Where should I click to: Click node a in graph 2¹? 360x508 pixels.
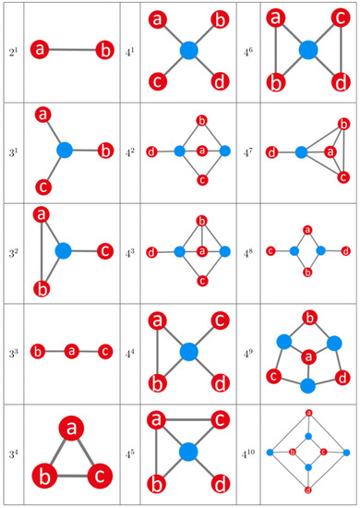pyautogui.click(x=40, y=49)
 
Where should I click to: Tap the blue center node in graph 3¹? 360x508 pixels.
pyautogui.click(x=64, y=149)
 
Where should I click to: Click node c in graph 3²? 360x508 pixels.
pyautogui.click(x=104, y=250)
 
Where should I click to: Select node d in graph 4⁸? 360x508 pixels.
pyautogui.click(x=345, y=250)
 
